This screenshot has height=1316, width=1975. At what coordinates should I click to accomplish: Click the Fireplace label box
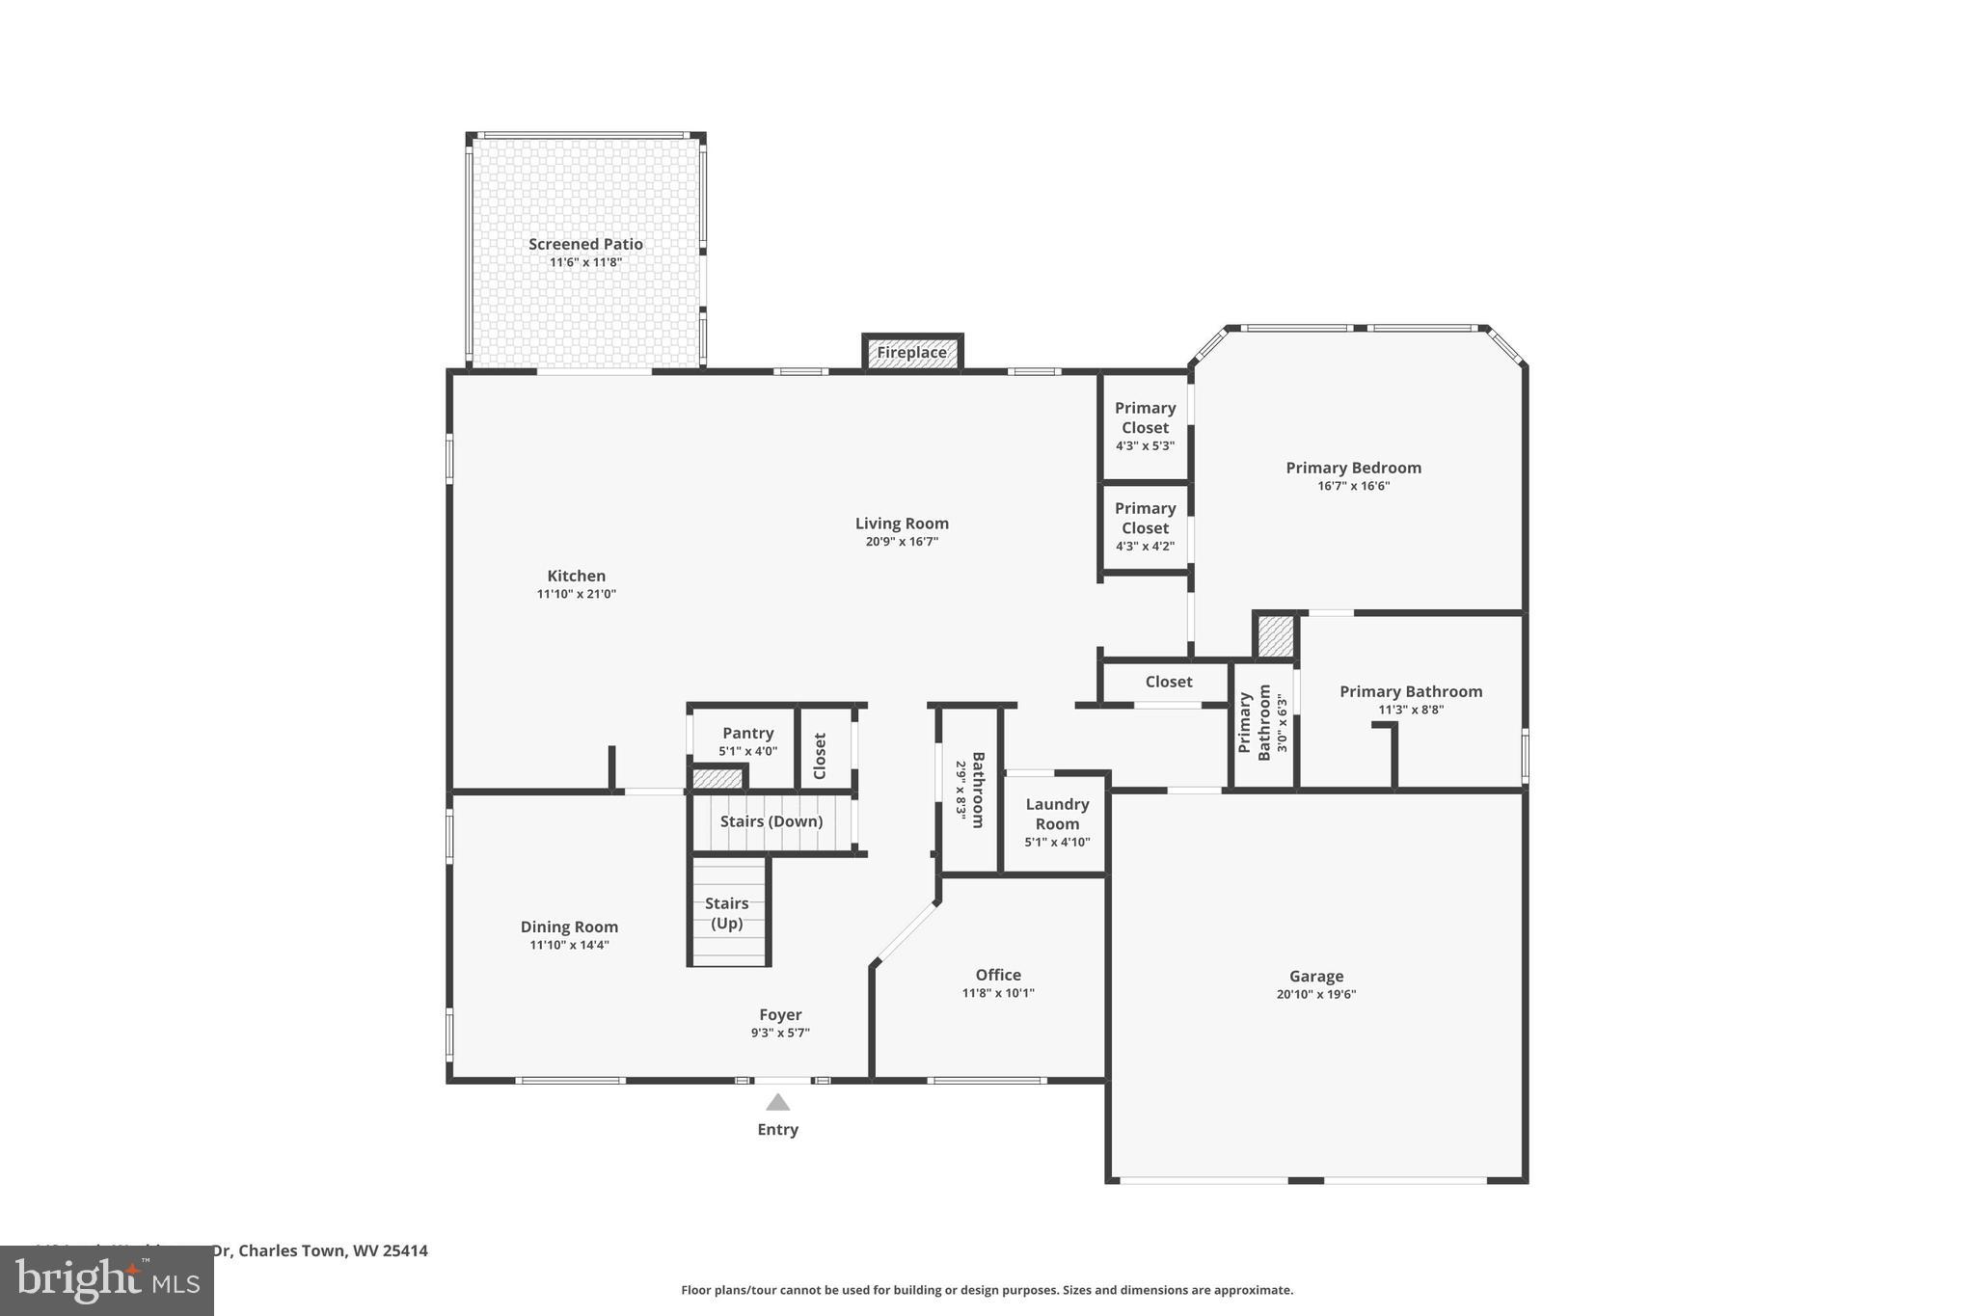click(911, 353)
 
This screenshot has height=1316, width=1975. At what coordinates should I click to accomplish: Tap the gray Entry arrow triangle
click(777, 1103)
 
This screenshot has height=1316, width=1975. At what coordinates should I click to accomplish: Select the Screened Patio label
click(585, 245)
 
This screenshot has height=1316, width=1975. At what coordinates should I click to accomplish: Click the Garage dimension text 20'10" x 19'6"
click(1315, 995)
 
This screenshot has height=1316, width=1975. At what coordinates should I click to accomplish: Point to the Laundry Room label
click(1057, 814)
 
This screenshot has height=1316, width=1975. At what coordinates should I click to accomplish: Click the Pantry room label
click(747, 734)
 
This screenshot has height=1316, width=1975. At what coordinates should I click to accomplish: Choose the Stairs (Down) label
click(771, 821)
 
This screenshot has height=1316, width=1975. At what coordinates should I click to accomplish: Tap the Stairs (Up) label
click(726, 913)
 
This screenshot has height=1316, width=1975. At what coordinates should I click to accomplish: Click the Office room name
click(997, 975)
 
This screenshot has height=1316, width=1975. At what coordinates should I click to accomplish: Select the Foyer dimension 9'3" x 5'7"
click(780, 1034)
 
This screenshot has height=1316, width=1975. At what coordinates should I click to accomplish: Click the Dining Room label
click(569, 927)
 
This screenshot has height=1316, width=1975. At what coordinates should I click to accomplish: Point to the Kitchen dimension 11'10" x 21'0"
click(576, 595)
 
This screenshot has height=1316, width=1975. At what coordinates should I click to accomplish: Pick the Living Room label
click(902, 524)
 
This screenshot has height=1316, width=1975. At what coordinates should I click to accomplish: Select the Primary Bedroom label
click(1353, 469)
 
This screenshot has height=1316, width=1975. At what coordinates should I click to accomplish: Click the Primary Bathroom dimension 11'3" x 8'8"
click(1410, 711)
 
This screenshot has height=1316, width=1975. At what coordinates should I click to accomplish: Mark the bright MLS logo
click(107, 1280)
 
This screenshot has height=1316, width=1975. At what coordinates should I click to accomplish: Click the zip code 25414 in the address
click(405, 1250)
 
